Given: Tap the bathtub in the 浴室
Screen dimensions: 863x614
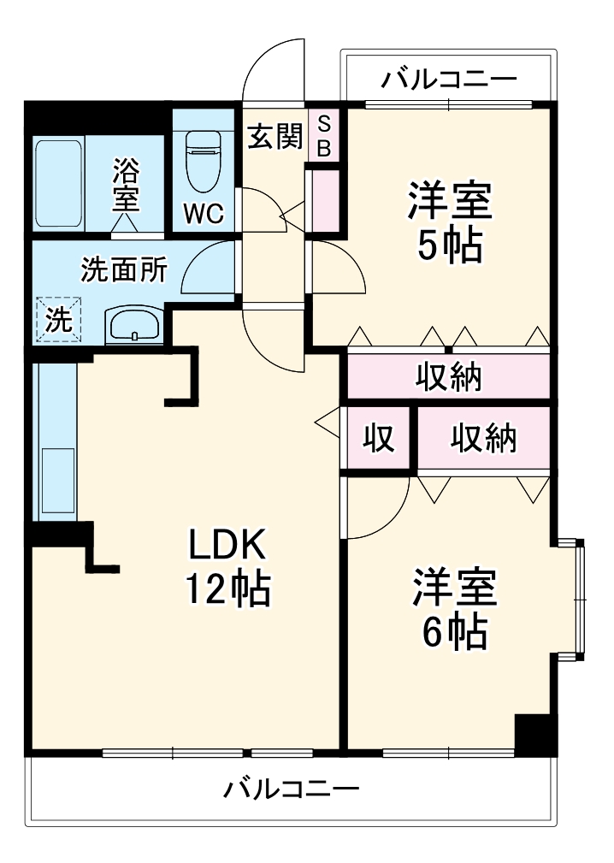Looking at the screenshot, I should click(59, 183).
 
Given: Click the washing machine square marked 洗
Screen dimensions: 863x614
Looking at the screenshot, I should click(58, 320).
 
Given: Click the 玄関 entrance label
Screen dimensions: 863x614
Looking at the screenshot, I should click(274, 136).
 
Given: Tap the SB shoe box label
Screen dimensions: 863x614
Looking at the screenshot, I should click(324, 136).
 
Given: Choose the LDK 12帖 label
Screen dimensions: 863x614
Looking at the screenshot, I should click(228, 565).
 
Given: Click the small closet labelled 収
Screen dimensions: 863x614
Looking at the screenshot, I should click(378, 438).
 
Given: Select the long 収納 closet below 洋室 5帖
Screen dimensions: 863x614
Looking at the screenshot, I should click(448, 375).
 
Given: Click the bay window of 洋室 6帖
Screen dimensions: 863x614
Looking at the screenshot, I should click(573, 599).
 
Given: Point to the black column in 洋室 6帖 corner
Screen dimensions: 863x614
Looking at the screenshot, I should click(535, 735).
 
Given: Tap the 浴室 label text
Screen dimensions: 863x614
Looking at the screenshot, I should click(127, 185).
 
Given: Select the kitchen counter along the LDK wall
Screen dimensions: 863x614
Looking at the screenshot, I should click(54, 441).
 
